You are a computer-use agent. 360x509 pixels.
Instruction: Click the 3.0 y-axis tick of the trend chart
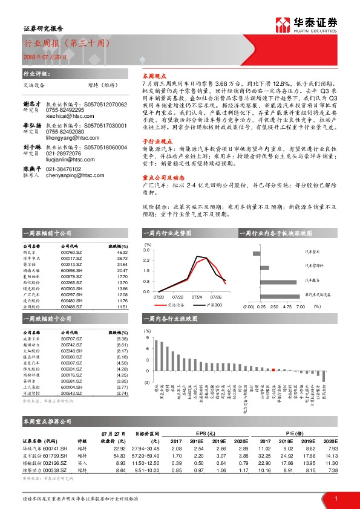(x=147, y=249)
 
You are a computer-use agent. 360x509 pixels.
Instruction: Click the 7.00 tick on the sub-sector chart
(x=301, y=306)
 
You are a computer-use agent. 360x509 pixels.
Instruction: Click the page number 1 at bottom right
(x=336, y=498)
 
